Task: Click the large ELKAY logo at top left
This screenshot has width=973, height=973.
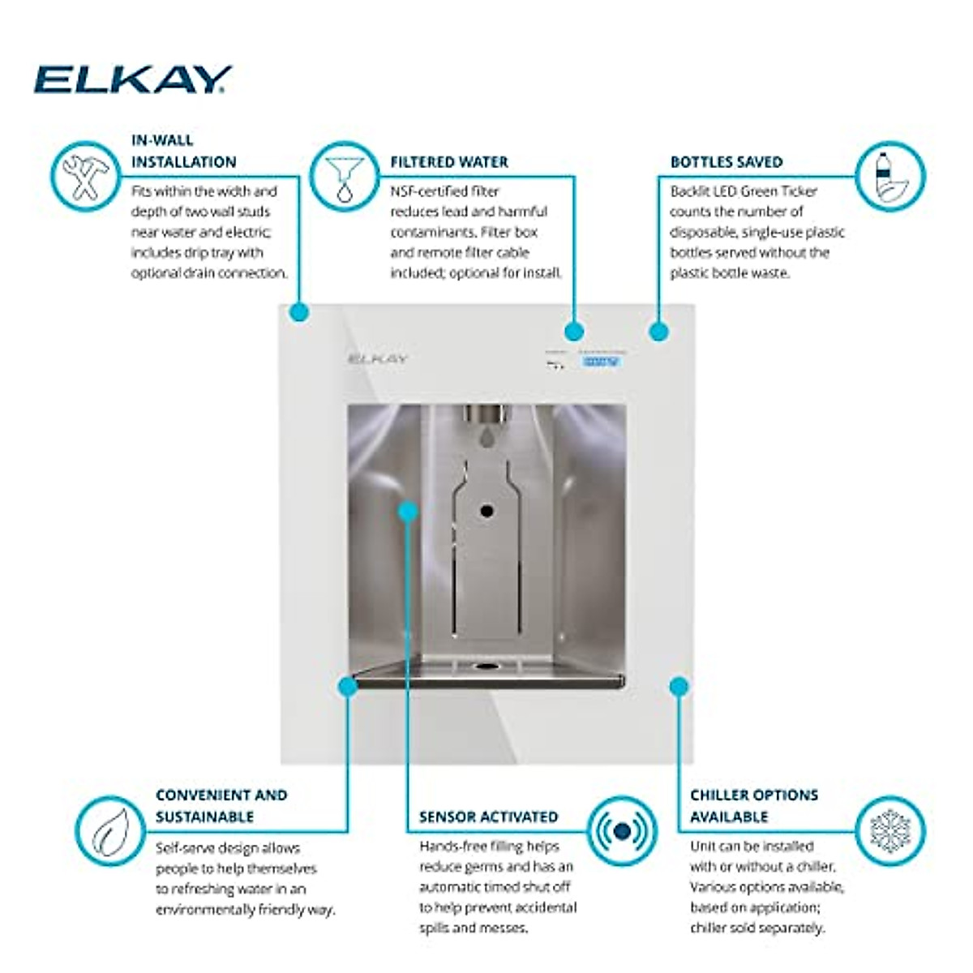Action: [x=132, y=79]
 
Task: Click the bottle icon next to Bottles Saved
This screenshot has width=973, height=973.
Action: [x=889, y=178]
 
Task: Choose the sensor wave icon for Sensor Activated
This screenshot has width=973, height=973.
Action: [x=622, y=831]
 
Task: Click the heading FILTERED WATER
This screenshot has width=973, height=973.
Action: [x=449, y=162]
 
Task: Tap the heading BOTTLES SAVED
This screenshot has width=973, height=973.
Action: [x=726, y=162]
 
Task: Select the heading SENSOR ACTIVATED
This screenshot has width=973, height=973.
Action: [x=488, y=817]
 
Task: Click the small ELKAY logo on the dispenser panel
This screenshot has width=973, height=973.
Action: [x=378, y=358]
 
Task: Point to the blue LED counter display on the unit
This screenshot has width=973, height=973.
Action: [x=601, y=362]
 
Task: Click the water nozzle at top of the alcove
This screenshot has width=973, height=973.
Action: [x=487, y=415]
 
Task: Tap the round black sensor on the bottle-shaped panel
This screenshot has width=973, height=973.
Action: [x=486, y=512]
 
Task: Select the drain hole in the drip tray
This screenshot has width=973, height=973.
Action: [x=486, y=667]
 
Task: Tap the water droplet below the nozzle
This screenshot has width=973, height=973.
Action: [x=486, y=437]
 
